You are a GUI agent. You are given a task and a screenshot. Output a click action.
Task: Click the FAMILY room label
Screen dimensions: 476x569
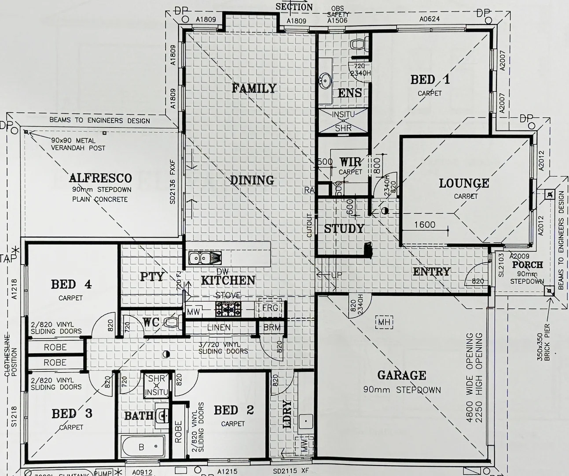click(254, 88)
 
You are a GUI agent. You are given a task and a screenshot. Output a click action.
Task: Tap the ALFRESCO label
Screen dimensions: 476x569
click(100, 178)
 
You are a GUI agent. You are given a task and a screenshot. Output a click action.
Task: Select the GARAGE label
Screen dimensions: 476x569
click(401, 375)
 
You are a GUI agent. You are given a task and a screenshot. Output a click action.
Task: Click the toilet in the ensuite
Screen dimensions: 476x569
click(358, 44)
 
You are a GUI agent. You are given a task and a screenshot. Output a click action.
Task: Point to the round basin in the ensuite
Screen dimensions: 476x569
click(326, 80)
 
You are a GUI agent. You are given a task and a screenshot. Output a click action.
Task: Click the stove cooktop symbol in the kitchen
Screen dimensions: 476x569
click(228, 309)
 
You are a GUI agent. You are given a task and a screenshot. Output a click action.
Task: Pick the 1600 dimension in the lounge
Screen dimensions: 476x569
click(425, 225)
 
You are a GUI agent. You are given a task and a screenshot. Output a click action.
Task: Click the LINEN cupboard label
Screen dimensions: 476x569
click(219, 327)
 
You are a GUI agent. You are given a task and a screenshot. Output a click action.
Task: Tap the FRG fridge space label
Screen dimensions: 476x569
click(270, 308)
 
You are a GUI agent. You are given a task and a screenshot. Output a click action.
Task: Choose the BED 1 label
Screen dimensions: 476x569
click(430, 80)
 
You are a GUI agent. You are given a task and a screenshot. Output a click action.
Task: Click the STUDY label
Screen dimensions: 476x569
click(344, 229)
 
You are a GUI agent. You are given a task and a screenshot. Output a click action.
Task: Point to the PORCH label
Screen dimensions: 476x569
click(527, 265)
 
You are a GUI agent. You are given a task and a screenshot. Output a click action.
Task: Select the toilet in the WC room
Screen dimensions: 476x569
click(173, 322)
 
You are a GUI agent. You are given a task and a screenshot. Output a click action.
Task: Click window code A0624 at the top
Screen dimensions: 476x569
click(429, 19)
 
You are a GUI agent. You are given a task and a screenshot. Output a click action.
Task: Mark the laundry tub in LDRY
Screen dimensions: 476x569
click(305, 422)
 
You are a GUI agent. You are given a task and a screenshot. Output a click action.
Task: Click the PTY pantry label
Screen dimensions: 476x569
click(152, 277)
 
